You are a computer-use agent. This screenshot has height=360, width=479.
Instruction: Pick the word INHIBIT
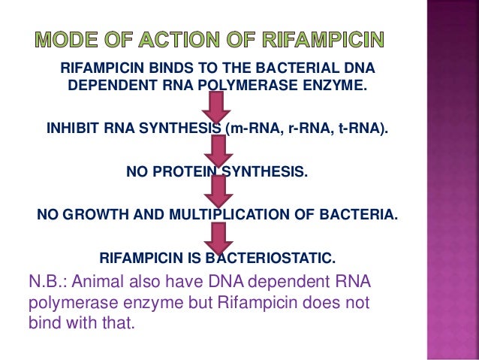72,129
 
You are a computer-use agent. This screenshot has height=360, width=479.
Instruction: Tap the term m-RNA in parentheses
253,129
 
